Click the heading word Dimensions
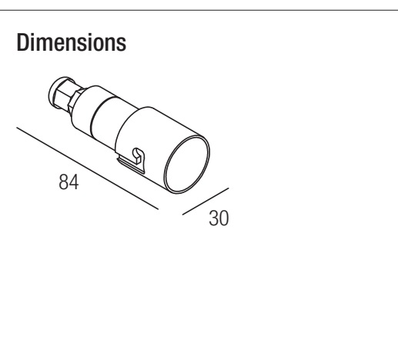point(72,42)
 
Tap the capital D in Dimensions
point(22,42)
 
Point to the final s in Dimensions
point(122,45)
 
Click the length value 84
point(69,182)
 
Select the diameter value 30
point(219,218)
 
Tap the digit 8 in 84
point(63,182)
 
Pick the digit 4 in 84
point(74,182)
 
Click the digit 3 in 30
point(213,218)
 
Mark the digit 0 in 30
point(224,218)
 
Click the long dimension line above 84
point(88,168)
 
